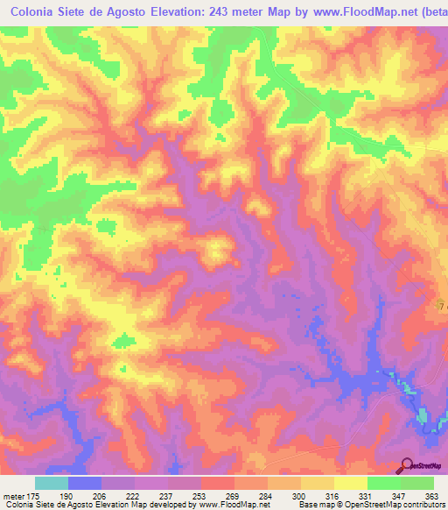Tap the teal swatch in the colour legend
52,483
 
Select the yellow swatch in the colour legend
350,483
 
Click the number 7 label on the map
441,304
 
